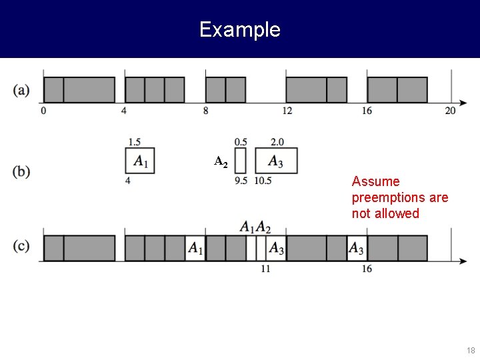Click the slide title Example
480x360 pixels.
pos(239,29)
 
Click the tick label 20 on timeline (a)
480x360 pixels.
pos(451,111)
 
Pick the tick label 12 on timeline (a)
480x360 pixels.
pos(287,111)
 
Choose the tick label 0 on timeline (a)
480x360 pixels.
pos(43,111)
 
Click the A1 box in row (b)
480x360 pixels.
pos(140,161)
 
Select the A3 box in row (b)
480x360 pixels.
pos(276,161)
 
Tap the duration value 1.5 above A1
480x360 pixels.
pos(134,141)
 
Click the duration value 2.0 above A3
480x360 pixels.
pos(277,141)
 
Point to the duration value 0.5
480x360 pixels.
pos(241,141)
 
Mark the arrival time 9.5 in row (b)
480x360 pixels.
pos(241,181)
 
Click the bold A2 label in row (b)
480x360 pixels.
pos(221,161)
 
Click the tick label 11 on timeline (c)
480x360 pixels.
pos(265,269)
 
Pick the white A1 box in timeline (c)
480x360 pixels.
pos(195,248)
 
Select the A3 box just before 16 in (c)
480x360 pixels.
pos(357,248)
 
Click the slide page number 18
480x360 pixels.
pos(471,351)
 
